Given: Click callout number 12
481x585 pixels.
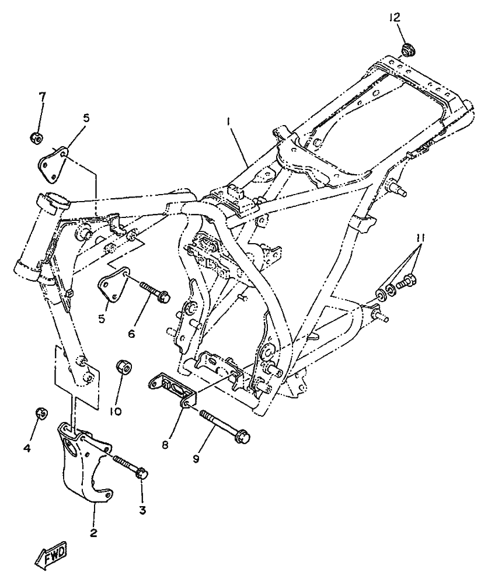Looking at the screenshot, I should click(395, 18).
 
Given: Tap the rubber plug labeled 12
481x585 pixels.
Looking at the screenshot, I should click(408, 49).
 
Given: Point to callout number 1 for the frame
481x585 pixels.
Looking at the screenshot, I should click(229, 121).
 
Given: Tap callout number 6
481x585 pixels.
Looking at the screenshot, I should click(131, 334).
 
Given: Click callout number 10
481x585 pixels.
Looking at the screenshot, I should click(116, 411).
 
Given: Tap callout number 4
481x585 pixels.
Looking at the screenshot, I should click(27, 448).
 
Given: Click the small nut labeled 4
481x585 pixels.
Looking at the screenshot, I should click(41, 413).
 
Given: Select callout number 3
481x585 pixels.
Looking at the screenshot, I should click(142, 510).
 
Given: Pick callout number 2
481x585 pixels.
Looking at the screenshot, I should click(93, 533).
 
